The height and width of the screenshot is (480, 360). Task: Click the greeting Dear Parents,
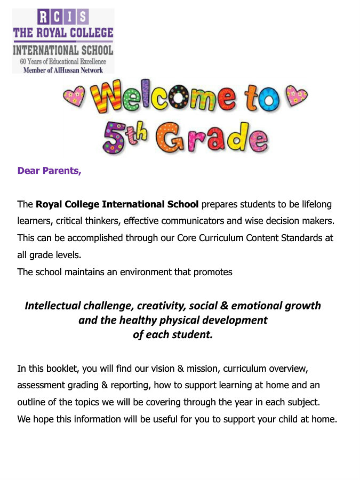pos(49,171)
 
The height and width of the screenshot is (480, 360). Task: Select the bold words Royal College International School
pos(117,204)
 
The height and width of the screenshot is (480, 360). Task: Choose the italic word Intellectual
pos(53,306)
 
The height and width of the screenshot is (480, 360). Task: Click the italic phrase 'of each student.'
pos(172,335)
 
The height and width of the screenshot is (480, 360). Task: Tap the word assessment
pos(41,385)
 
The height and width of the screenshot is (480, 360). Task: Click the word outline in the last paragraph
pos(31,402)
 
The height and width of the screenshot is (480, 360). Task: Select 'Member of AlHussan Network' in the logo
pos(63,70)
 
